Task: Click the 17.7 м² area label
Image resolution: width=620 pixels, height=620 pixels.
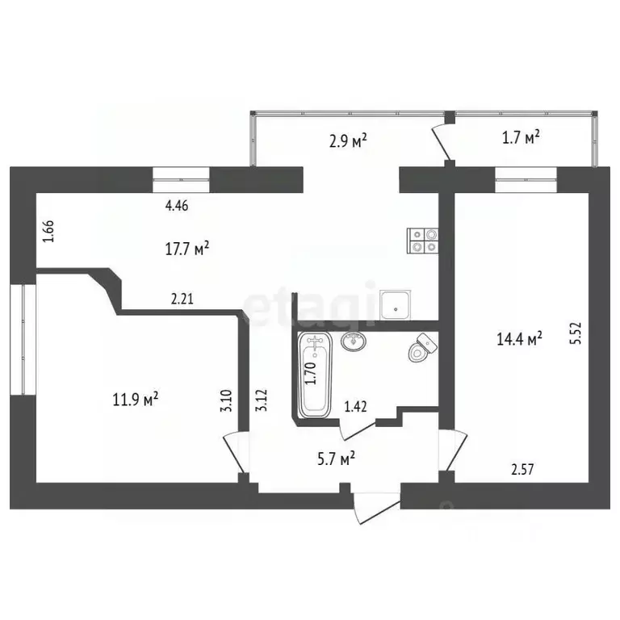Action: (186, 249)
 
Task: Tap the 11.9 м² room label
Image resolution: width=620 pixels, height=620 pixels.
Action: (134, 398)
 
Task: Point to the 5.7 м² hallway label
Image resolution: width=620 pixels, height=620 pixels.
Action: (333, 459)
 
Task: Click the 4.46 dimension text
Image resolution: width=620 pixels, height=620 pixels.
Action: (178, 206)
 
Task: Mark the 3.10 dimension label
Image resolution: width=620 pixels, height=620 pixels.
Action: (227, 401)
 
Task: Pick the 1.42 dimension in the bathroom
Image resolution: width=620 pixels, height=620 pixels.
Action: (356, 407)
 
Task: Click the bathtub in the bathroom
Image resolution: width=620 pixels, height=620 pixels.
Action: (314, 375)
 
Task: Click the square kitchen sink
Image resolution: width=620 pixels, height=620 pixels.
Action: (396, 304)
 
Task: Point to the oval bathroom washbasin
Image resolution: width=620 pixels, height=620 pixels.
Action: (354, 343)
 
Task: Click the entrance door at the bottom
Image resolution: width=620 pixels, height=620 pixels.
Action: (376, 501)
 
